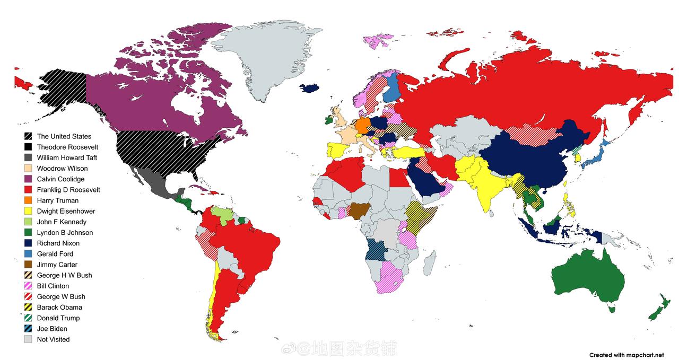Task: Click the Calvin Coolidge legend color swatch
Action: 28,179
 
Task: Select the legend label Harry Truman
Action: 57,200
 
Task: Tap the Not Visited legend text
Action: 53,339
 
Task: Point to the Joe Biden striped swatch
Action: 28,329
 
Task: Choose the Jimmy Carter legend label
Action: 57,265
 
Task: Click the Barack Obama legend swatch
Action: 28,308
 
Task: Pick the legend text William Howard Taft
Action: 67,157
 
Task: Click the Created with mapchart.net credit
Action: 626,355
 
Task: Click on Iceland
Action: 311,87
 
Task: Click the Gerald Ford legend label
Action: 55,254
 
